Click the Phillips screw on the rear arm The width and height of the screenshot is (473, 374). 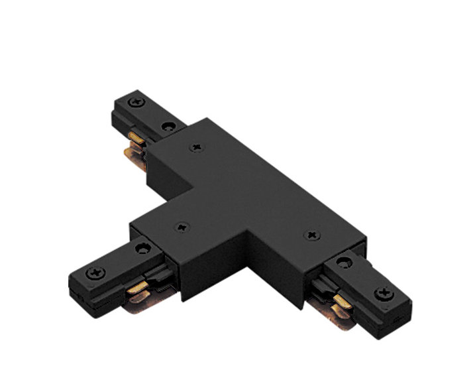(x=138, y=103)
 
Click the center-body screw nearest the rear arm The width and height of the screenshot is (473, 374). (x=196, y=148)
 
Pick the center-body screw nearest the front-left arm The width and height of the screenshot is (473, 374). (x=181, y=227)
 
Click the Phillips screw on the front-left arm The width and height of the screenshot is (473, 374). (x=97, y=272)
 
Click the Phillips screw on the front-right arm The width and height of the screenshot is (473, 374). (x=384, y=292)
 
